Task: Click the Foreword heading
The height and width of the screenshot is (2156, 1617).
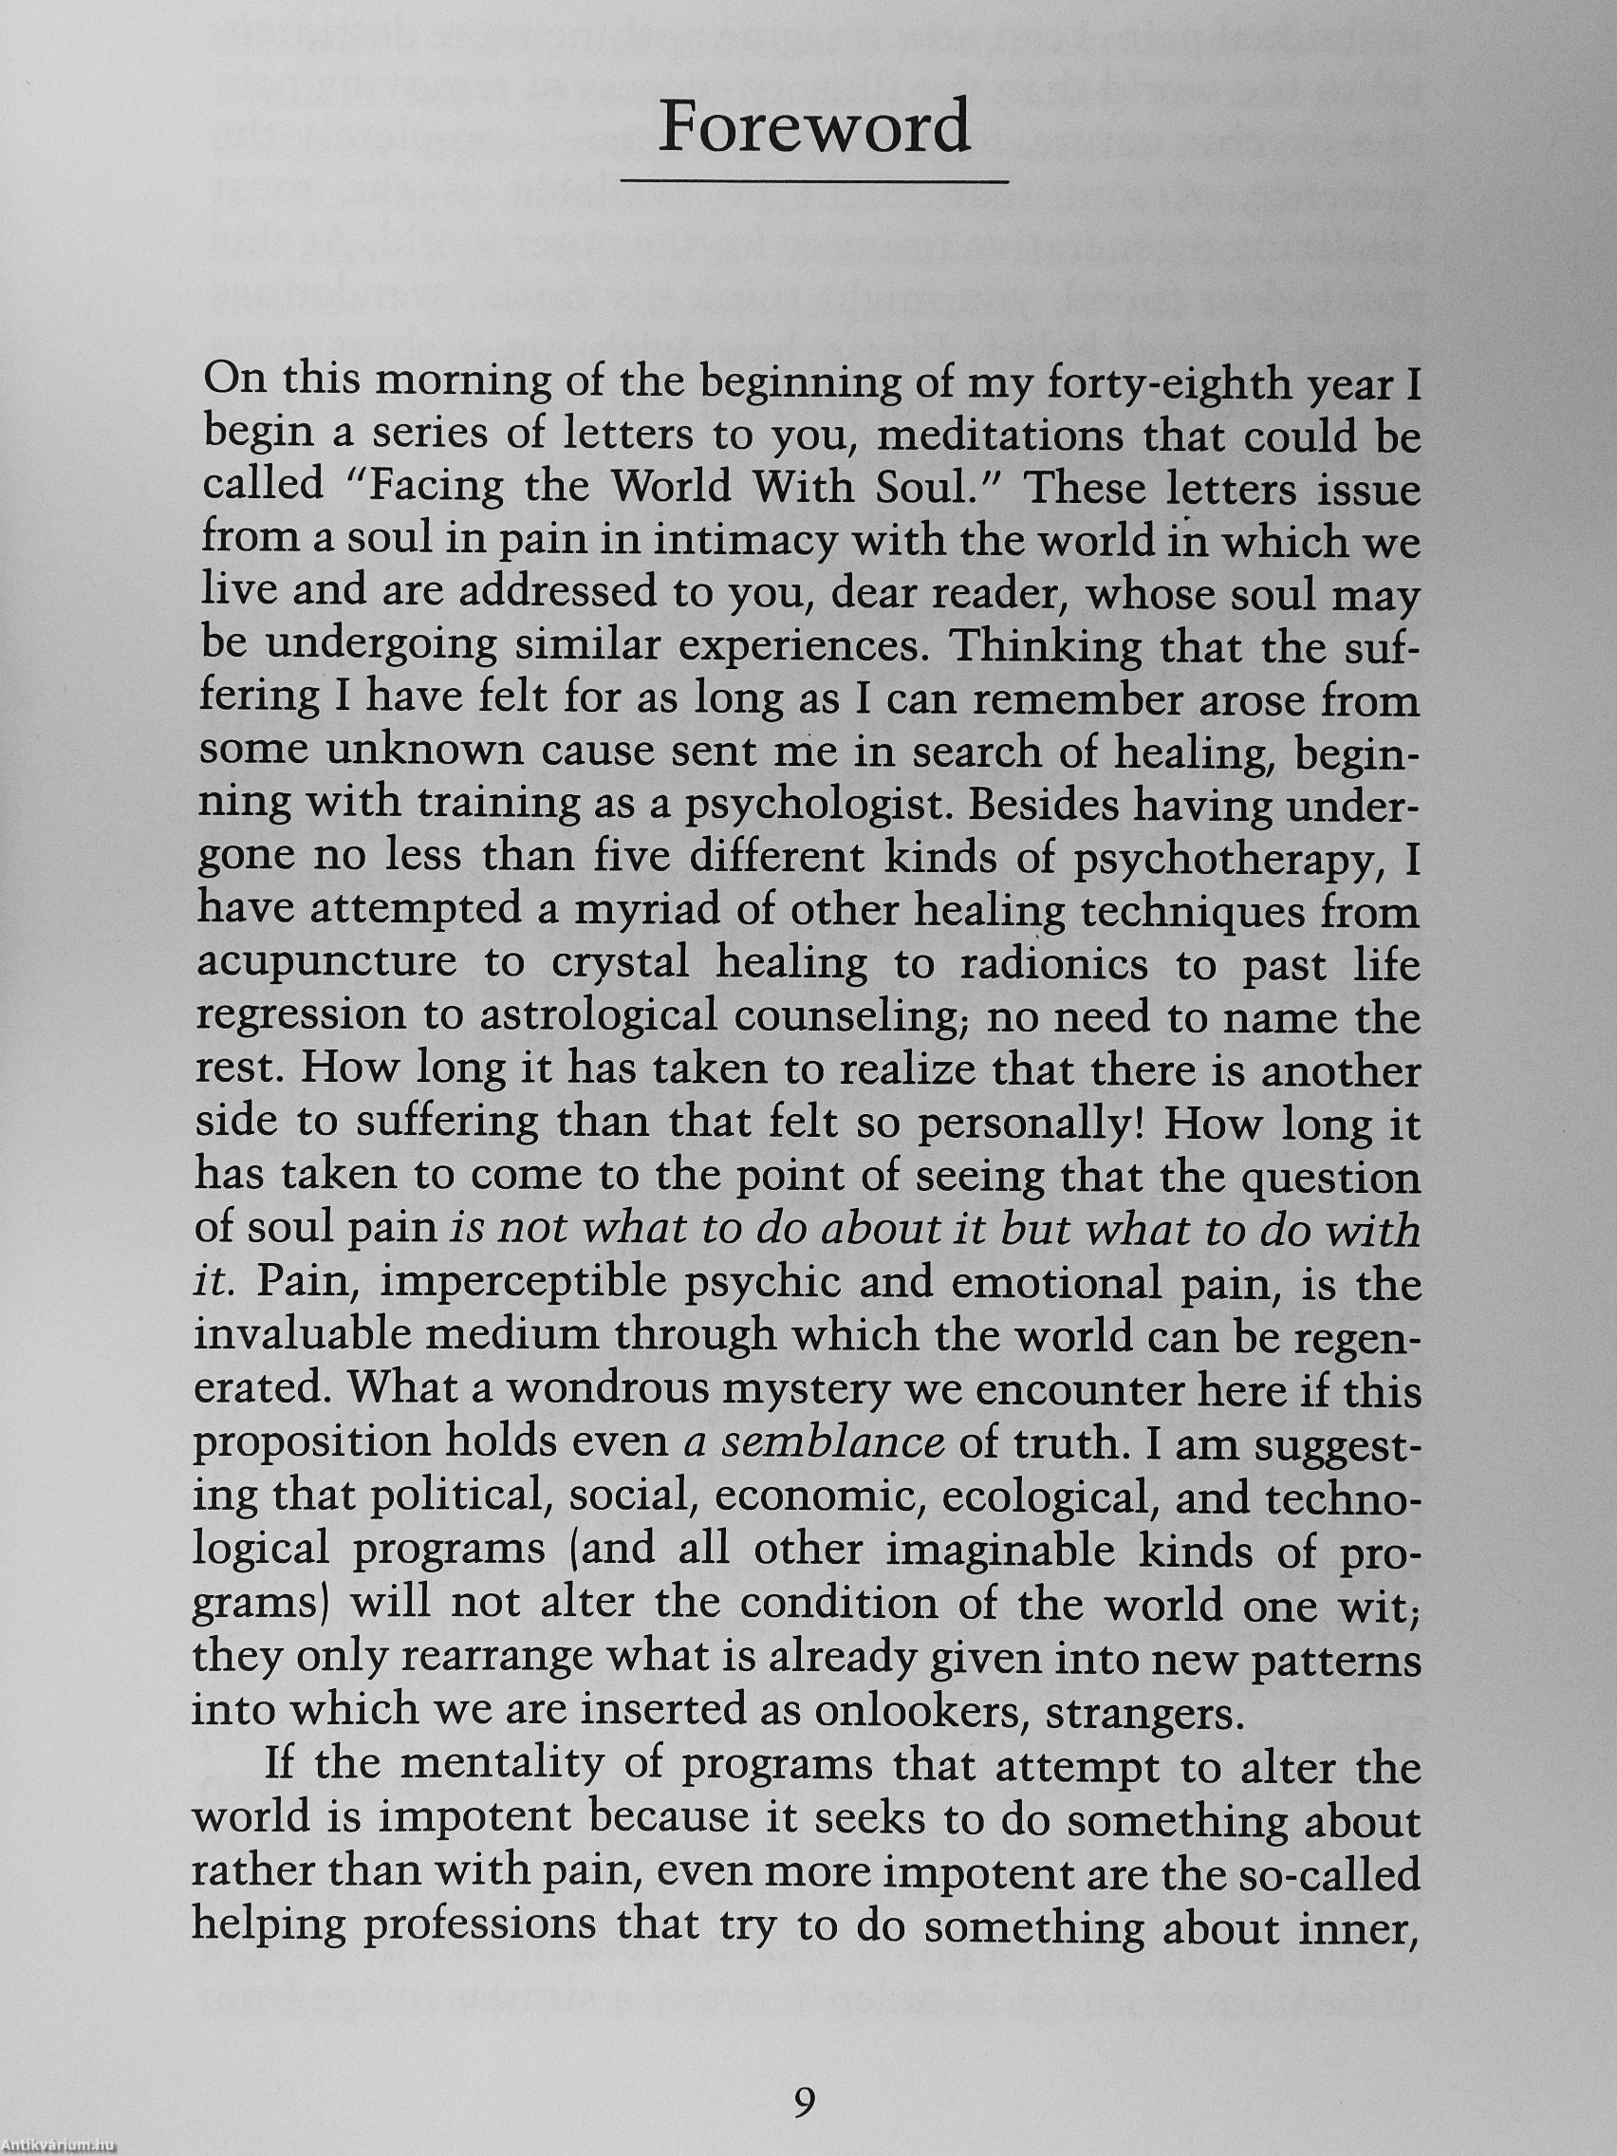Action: [x=814, y=127]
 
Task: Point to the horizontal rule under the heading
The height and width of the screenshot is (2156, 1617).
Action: [x=814, y=182]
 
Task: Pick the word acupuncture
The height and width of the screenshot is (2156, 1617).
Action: [x=326, y=963]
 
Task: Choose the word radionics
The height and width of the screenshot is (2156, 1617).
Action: [x=1038, y=963]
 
